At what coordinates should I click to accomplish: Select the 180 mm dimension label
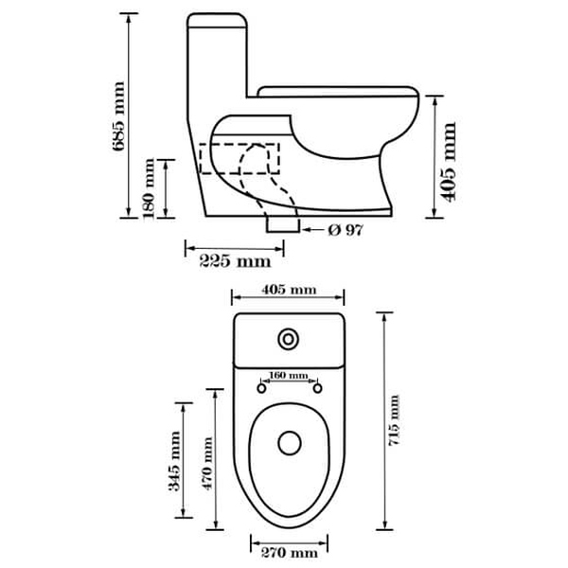149,189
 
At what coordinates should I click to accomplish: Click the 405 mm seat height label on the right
450,162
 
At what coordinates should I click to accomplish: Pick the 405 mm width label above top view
289,289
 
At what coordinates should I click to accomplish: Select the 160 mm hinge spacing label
289,376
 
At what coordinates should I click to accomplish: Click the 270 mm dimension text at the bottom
290,552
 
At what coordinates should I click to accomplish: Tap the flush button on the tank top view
288,339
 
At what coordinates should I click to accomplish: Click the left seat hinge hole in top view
259,387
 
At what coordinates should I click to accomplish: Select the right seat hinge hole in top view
317,387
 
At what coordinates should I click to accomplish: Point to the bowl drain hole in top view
289,441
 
